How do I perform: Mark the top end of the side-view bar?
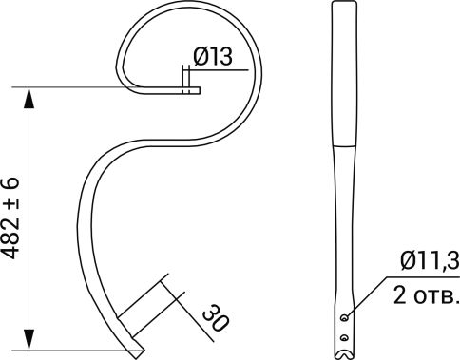(x=344, y=7)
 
